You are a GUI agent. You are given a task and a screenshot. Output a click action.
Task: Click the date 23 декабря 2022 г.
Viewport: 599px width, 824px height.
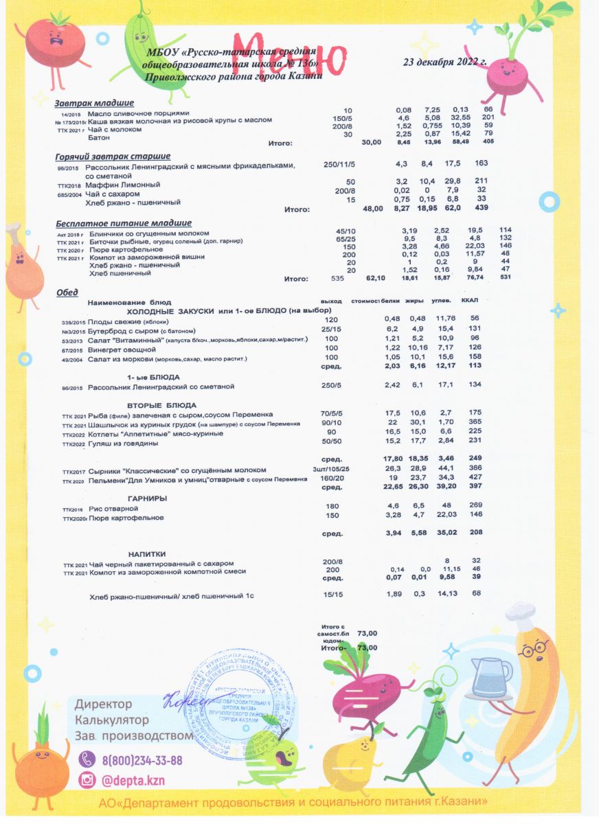click(444, 62)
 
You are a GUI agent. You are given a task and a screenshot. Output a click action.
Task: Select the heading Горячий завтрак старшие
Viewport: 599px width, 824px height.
click(113, 156)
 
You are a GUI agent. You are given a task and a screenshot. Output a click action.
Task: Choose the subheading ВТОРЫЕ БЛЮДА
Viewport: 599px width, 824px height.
click(162, 404)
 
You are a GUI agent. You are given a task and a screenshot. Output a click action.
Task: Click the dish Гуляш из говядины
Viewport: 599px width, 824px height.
click(124, 444)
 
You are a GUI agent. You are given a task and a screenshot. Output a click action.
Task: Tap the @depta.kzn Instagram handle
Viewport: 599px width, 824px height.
click(133, 781)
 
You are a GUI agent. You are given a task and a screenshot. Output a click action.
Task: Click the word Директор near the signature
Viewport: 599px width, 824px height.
click(103, 705)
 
